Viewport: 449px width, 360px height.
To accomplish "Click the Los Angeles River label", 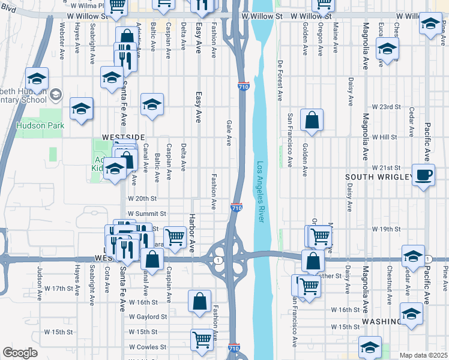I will tap(261, 193).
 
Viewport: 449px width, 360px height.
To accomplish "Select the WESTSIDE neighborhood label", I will tap(124, 137).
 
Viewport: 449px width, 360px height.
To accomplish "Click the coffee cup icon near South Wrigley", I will tap(424, 175).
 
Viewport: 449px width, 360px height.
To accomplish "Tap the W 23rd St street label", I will tap(386, 107).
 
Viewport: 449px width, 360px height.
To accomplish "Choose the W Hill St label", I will tap(385, 137).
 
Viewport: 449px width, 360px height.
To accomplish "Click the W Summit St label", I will tap(146, 214).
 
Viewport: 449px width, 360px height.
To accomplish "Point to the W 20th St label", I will tap(142, 198).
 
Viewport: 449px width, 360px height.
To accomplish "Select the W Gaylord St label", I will tap(147, 316).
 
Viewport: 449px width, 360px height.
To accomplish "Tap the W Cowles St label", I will tap(147, 347).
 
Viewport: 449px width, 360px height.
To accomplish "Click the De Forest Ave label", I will tap(280, 80).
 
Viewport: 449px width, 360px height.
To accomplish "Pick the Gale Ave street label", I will tap(229, 133).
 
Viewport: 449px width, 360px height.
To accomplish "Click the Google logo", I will tap(20, 353).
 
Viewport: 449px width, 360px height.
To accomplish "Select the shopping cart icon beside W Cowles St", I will tap(202, 339).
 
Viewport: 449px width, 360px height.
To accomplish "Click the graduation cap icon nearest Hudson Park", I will tap(81, 109).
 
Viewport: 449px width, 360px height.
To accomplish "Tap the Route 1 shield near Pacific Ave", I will tap(427, 259).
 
